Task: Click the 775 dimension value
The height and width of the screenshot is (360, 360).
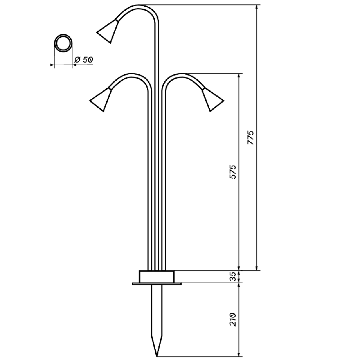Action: (251, 138)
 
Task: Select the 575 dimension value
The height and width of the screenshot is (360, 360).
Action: (233, 172)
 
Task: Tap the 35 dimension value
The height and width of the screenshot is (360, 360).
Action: (233, 276)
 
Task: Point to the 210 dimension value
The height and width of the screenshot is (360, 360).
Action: (233, 319)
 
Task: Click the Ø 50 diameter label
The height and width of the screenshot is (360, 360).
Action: (84, 60)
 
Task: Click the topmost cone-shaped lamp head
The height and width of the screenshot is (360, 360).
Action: (108, 31)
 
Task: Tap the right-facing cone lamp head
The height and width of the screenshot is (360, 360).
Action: (212, 99)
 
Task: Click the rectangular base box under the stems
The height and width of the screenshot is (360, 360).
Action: (157, 276)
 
